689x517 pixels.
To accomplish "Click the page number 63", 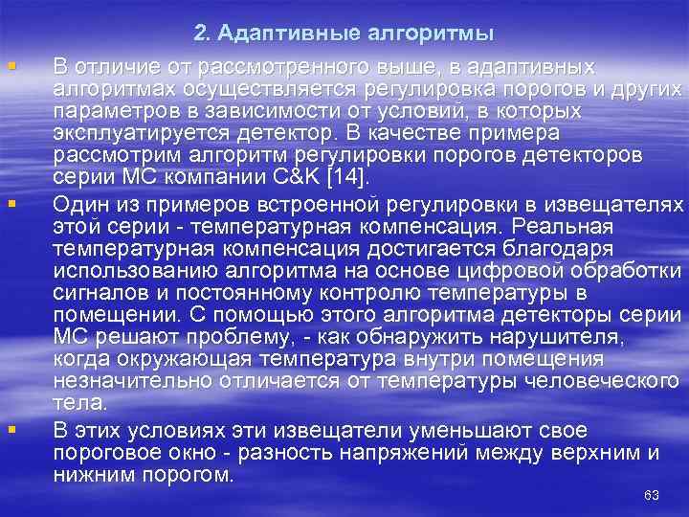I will (x=653, y=495).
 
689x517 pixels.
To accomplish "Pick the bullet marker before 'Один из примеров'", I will (x=11, y=204).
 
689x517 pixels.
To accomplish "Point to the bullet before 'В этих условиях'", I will (x=11, y=429).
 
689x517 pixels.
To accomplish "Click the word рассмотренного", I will (x=249, y=68).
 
